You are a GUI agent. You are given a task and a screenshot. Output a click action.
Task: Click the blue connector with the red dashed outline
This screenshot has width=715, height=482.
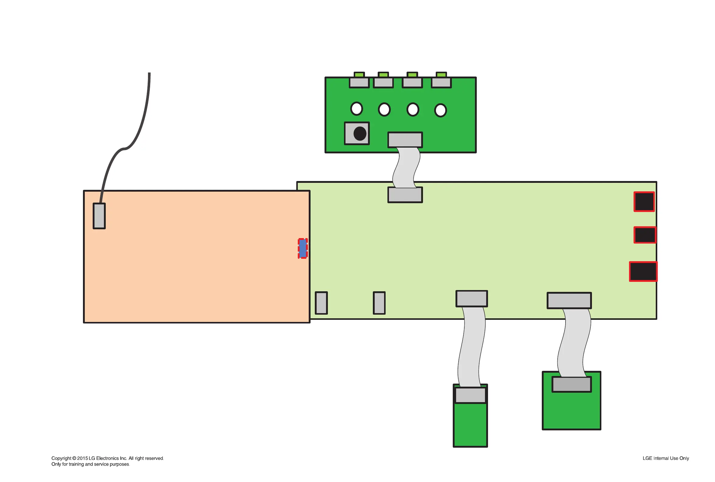(303, 248)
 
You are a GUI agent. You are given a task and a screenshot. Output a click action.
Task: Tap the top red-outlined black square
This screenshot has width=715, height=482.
(644, 202)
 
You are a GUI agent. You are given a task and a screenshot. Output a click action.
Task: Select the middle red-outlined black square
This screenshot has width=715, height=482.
(645, 235)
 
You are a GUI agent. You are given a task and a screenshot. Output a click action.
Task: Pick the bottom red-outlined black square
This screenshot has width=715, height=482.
(643, 272)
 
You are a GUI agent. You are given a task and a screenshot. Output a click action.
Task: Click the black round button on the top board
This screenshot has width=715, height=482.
(360, 134)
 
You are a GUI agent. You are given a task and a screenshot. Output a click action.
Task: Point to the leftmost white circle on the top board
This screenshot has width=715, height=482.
(356, 108)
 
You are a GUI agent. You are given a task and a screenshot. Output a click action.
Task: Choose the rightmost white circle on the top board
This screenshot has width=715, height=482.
(440, 110)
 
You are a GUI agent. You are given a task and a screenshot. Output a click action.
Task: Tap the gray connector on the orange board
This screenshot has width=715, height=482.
(99, 216)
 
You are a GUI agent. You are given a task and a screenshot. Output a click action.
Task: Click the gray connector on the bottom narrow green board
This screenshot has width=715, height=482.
(470, 395)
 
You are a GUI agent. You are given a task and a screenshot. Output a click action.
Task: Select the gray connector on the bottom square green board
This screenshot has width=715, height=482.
(572, 384)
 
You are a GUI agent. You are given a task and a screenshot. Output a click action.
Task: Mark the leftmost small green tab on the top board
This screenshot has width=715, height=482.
(359, 75)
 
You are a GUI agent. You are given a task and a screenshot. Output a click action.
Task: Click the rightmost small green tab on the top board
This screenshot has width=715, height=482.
(441, 75)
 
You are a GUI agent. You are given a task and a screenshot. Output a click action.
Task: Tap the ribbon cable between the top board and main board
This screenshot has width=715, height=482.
(406, 168)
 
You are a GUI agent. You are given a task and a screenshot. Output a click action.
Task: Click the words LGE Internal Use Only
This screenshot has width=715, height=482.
(665, 458)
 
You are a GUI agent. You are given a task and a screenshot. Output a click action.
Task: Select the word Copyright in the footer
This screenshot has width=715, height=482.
(61, 458)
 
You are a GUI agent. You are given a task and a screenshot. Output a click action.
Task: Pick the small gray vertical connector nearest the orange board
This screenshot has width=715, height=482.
(321, 303)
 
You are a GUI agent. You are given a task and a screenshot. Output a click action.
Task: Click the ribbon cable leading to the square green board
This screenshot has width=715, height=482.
(574, 343)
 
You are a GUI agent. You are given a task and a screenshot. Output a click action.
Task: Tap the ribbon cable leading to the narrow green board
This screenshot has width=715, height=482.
(471, 347)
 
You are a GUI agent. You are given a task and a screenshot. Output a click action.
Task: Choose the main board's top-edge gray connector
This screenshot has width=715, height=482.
(405, 195)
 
